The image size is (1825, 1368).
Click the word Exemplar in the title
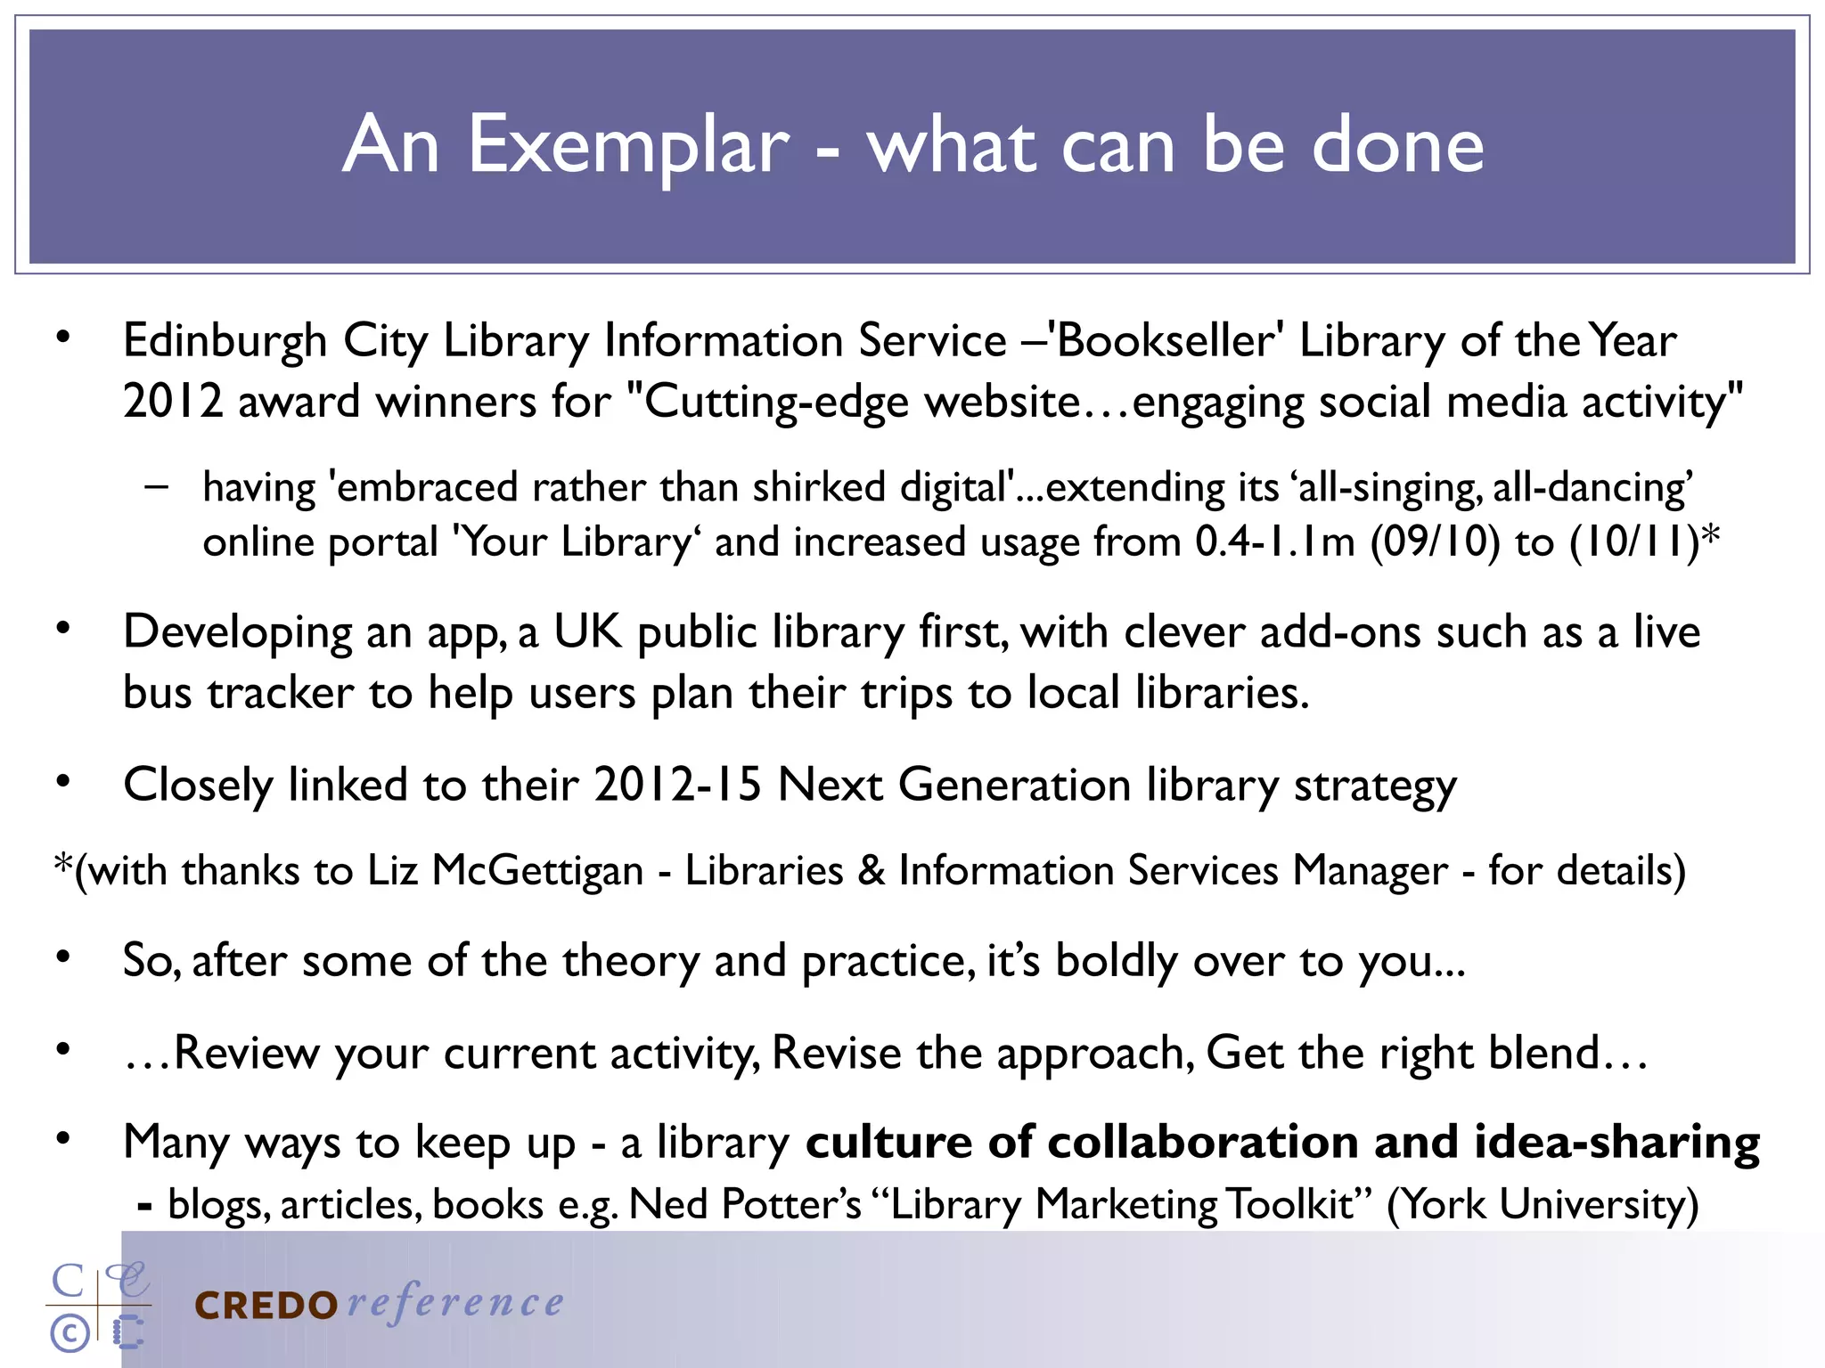(x=628, y=145)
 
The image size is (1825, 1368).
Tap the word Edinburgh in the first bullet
(x=225, y=341)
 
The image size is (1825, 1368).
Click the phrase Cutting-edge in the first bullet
(x=766, y=402)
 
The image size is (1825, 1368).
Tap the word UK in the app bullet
(x=587, y=632)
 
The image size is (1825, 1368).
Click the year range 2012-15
(x=678, y=786)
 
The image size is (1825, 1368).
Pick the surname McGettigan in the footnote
(x=537, y=871)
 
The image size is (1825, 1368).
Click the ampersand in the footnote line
(x=871, y=871)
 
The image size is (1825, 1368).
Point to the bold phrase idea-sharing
(x=1617, y=1143)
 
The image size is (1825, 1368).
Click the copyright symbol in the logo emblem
(x=70, y=1333)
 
